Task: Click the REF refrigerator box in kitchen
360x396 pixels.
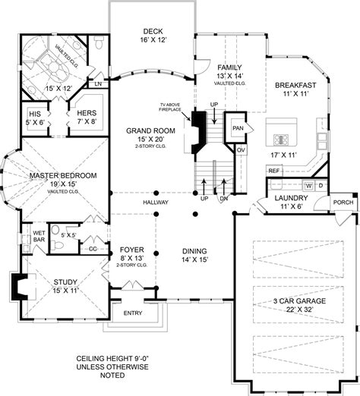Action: point(274,171)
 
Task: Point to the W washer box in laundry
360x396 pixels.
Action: point(309,185)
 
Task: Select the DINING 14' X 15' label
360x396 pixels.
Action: point(194,255)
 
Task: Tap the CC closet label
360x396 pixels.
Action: point(92,248)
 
